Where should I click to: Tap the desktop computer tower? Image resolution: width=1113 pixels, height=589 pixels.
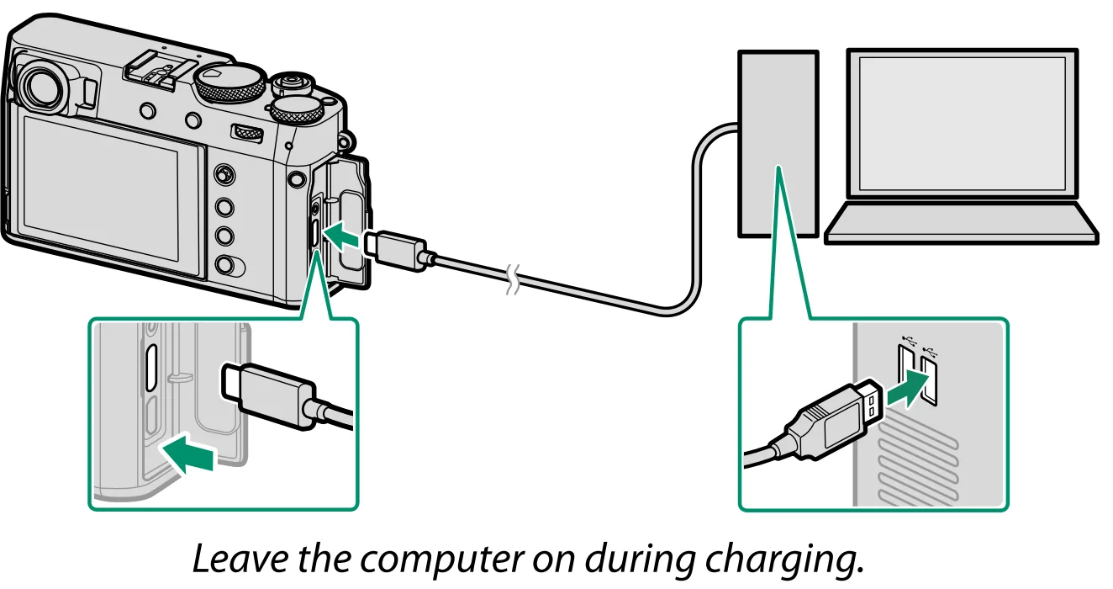pos(778,143)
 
